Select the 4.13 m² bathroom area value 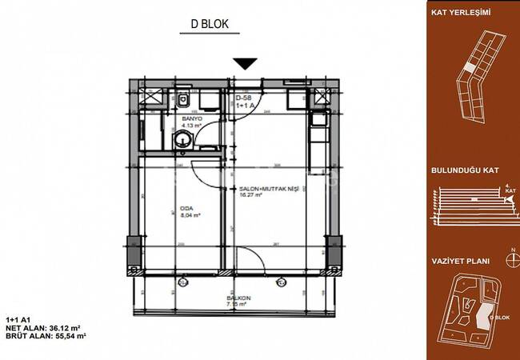pos(193,126)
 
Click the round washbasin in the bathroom pos(185,140)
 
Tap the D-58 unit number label pos(243,98)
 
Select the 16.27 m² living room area pos(252,197)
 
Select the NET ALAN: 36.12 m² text pos(45,327)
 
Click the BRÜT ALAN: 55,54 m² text pos(46,336)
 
